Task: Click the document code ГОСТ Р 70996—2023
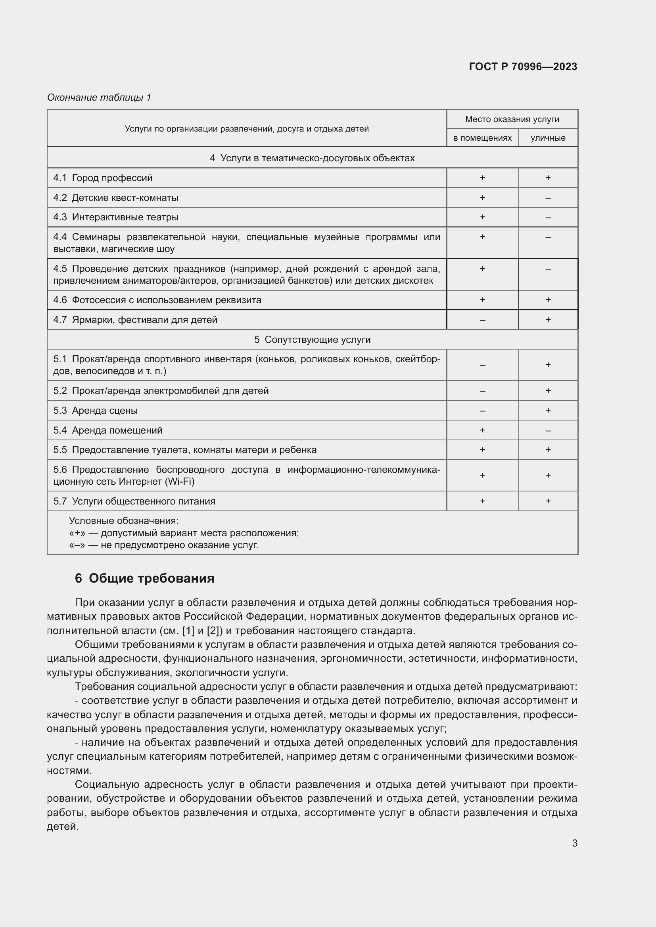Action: click(x=523, y=67)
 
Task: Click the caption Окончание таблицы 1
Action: click(x=99, y=97)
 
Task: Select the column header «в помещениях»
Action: click(x=482, y=138)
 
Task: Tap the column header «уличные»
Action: click(x=548, y=138)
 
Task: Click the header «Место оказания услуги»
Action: click(x=512, y=119)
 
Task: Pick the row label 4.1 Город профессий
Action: click(x=103, y=178)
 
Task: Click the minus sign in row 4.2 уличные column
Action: click(x=548, y=198)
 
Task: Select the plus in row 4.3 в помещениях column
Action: click(x=482, y=217)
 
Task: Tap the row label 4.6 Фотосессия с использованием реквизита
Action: click(x=157, y=300)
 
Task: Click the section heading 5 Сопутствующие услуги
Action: click(x=312, y=340)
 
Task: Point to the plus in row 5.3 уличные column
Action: click(x=548, y=410)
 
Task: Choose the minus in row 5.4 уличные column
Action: click(x=548, y=431)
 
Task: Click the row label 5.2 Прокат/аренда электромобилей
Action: click(x=161, y=390)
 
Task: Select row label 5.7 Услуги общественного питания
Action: click(x=134, y=501)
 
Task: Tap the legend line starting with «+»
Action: click(x=184, y=533)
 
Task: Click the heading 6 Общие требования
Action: click(x=144, y=578)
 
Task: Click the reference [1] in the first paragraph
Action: click(x=188, y=630)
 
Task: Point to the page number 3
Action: click(x=574, y=843)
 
